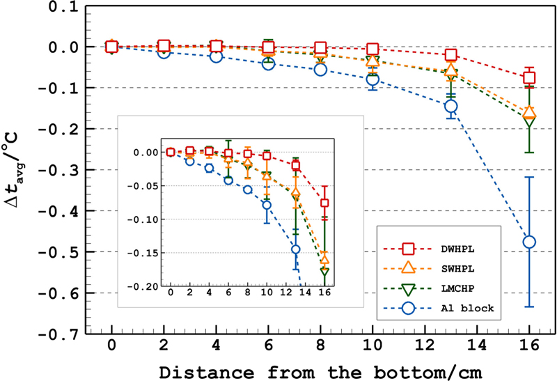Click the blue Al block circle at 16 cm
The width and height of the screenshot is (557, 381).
click(529, 242)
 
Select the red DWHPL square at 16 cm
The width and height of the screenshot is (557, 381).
click(529, 78)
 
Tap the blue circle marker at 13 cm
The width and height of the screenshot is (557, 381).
click(450, 107)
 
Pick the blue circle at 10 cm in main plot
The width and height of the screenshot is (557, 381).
click(372, 79)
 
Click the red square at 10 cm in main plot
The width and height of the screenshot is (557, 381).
click(372, 49)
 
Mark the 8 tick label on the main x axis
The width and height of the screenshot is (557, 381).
click(320, 347)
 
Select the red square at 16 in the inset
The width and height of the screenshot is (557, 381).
click(324, 203)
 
